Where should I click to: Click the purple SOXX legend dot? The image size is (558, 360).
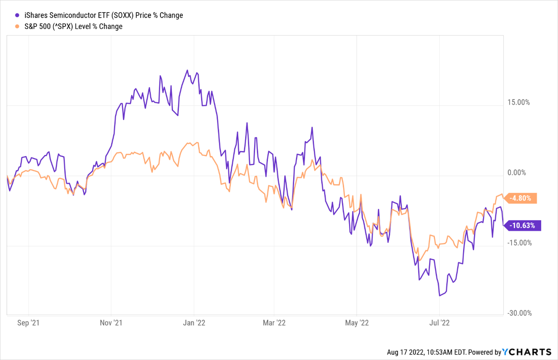pyautogui.click(x=17, y=15)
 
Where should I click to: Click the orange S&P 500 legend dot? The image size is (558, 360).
pyautogui.click(x=17, y=27)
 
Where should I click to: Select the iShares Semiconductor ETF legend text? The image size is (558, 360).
pyautogui.click(x=103, y=15)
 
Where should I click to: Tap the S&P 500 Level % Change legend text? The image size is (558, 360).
pyautogui.click(x=73, y=27)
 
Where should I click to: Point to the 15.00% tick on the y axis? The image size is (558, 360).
pyautogui.click(x=519, y=103)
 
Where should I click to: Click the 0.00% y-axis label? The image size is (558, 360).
pyautogui.click(x=517, y=173)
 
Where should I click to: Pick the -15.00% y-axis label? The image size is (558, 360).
pyautogui.click(x=519, y=243)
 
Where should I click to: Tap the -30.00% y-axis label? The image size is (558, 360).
pyautogui.click(x=519, y=313)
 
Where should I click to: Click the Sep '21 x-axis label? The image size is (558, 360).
pyautogui.click(x=28, y=323)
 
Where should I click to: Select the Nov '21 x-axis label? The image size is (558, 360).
pyautogui.click(x=111, y=323)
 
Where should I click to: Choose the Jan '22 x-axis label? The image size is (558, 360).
pyautogui.click(x=194, y=323)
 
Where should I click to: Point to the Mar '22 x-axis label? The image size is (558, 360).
pyautogui.click(x=274, y=323)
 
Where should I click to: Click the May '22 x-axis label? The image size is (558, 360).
pyautogui.click(x=357, y=323)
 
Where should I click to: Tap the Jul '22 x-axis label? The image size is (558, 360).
pyautogui.click(x=440, y=323)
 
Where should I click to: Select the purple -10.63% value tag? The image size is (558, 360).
pyautogui.click(x=522, y=225)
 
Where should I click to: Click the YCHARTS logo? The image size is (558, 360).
pyautogui.click(x=527, y=352)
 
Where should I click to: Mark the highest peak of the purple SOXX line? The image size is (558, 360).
pyautogui.click(x=187, y=70)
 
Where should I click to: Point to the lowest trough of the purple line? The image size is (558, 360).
pyautogui.click(x=440, y=296)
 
